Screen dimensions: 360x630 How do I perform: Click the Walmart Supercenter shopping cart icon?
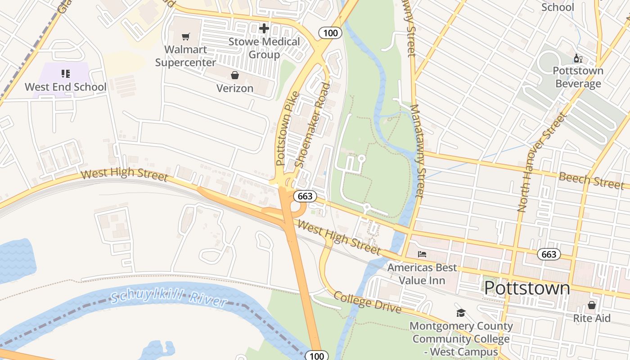click(186, 36)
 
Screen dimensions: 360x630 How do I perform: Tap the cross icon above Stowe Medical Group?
click(264, 28)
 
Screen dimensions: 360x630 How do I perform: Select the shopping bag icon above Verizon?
click(234, 75)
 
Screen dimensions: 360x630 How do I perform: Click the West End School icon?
click(66, 73)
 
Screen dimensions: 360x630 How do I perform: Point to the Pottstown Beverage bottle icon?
click(578, 58)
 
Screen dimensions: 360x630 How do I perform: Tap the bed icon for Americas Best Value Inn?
click(422, 254)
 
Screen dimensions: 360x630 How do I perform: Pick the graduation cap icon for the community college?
click(460, 313)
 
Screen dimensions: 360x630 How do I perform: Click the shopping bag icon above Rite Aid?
click(591, 305)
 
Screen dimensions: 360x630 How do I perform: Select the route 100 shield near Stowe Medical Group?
click(330, 32)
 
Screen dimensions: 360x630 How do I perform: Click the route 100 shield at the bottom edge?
click(317, 356)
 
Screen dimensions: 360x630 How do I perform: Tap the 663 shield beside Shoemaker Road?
click(305, 196)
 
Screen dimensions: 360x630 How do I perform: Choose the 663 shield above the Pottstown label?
click(549, 254)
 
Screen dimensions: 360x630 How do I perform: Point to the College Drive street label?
click(367, 302)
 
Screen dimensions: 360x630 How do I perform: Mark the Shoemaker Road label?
click(312, 125)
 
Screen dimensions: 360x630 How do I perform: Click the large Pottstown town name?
click(527, 288)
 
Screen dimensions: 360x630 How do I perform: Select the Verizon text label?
click(235, 88)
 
